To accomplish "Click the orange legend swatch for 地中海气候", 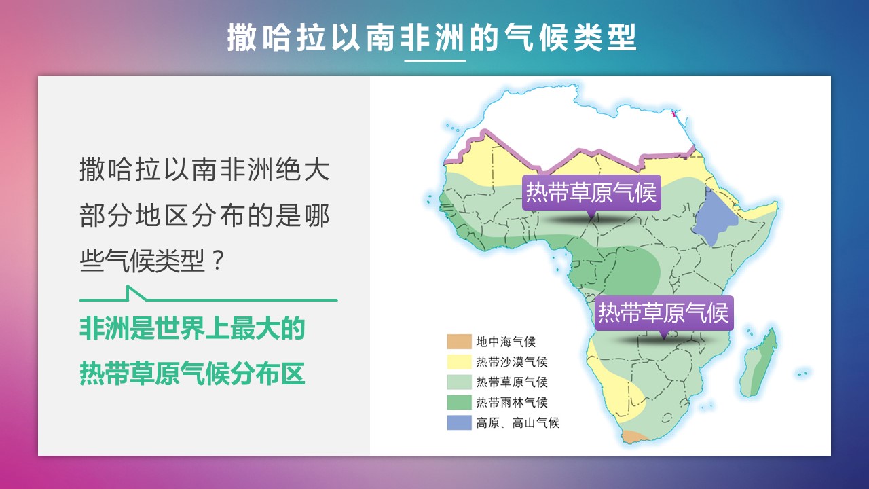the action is tap(460, 342).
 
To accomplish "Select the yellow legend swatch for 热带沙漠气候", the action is tap(460, 362).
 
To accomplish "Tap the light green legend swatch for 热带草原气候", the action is tap(460, 382).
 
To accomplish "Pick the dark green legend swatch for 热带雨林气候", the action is tap(460, 402).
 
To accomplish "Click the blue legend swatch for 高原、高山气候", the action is tap(460, 422).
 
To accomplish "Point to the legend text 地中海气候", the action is tap(506, 342).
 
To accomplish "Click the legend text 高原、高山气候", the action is tap(518, 422).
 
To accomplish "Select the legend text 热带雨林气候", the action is tap(512, 402).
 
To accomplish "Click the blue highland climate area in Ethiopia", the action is tap(715, 217).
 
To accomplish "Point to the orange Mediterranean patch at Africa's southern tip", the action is tap(633, 436).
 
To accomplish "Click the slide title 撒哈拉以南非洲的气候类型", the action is tap(432, 37).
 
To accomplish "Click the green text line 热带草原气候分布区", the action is tap(192, 374).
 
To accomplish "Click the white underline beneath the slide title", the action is tap(435, 60).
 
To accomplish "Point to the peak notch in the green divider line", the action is tap(129, 287).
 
